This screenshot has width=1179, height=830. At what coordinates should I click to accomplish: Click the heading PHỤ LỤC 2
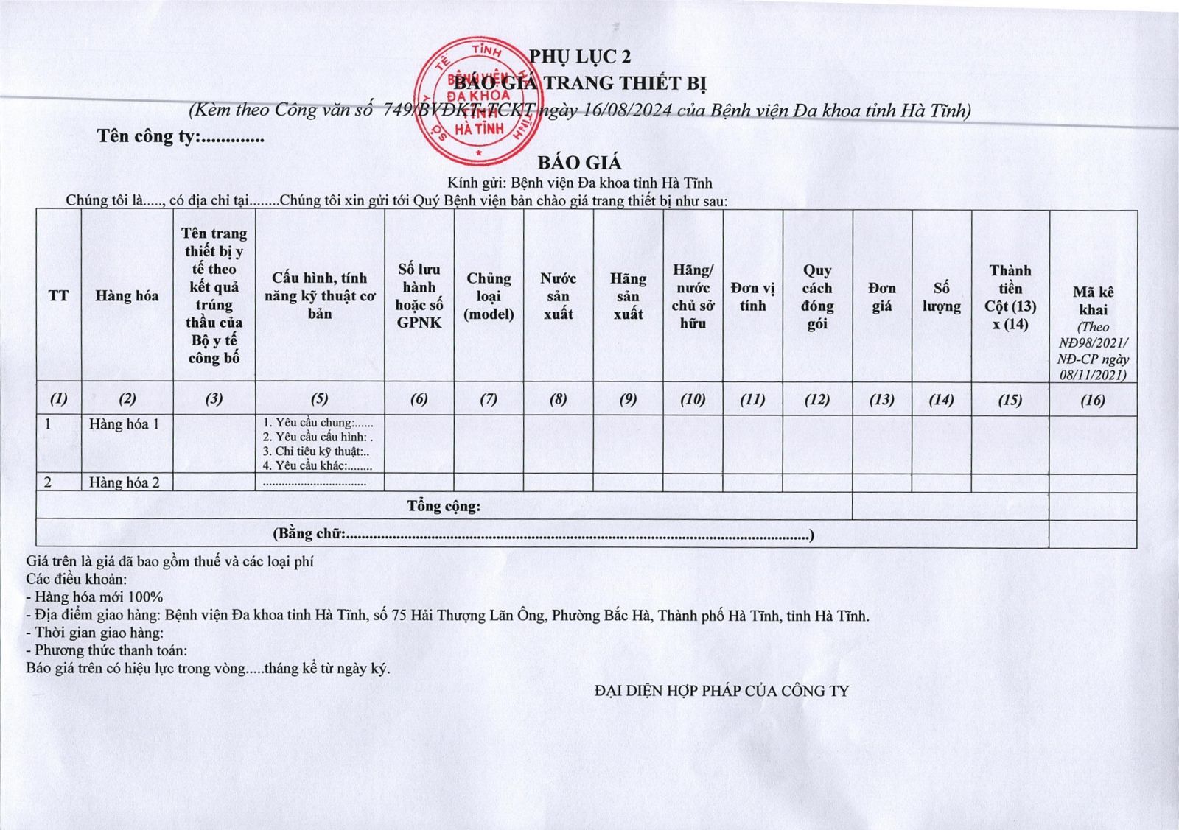(580, 57)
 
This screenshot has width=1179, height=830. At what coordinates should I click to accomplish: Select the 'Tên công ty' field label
(147, 136)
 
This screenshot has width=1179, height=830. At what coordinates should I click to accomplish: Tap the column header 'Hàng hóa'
(127, 296)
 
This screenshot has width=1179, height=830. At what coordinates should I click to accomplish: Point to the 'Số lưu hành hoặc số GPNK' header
(419, 296)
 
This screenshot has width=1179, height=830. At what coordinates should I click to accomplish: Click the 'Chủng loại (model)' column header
(489, 296)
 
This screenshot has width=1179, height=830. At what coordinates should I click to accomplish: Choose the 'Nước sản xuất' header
(558, 296)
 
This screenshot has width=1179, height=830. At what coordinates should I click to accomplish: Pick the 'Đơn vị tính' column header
(752, 296)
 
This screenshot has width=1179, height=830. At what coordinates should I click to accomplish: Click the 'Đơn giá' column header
(881, 296)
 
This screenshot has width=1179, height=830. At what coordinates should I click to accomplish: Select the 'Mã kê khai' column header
(1093, 300)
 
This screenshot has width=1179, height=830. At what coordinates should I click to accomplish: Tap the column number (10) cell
(693, 399)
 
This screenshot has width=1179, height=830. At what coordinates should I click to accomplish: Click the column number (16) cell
(1093, 400)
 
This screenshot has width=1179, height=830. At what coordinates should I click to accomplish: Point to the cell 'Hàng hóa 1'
(124, 424)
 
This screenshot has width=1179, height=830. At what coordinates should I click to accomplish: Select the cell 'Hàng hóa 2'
(124, 482)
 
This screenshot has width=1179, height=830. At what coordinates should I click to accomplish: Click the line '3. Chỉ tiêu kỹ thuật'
(316, 451)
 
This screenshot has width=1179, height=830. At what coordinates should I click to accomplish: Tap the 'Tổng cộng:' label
(444, 506)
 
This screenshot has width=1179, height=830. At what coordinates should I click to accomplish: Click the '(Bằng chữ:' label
(309, 533)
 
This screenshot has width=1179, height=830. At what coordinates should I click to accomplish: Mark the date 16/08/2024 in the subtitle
(626, 110)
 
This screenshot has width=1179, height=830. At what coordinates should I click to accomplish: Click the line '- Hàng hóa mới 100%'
(94, 597)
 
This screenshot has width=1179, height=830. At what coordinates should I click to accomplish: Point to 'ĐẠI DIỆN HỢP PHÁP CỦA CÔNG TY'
(721, 691)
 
